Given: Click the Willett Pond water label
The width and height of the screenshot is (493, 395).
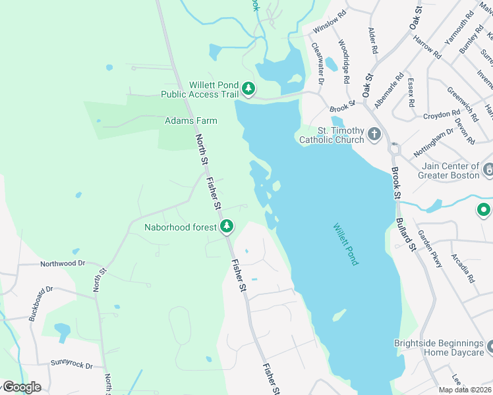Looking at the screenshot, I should click(x=345, y=244).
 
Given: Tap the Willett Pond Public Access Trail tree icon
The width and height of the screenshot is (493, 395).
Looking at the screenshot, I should click(x=248, y=88).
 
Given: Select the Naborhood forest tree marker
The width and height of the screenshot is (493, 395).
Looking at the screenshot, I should click(x=227, y=226).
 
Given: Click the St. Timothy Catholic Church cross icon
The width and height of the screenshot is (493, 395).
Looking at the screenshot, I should click(x=374, y=134).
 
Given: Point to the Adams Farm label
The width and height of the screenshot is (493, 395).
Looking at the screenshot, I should click(x=190, y=121).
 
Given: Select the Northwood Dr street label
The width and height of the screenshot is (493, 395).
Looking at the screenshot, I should click(x=63, y=263).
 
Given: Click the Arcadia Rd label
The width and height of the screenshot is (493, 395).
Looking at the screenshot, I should click(x=463, y=268).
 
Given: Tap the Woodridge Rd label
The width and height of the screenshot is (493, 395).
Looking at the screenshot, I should click(x=343, y=61).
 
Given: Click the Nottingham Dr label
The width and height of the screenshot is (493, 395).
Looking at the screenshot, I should click(x=434, y=141).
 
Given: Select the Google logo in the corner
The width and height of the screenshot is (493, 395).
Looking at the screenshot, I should click(x=21, y=387).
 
